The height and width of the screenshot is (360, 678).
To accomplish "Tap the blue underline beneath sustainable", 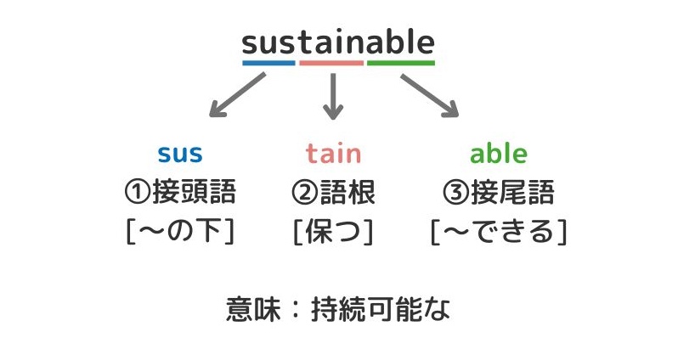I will coord(268,63).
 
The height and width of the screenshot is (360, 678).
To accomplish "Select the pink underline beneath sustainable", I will coord(331,63).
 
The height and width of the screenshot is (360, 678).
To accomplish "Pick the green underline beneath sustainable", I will coord(401,63).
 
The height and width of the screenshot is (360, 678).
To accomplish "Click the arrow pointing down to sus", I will coord(237,94).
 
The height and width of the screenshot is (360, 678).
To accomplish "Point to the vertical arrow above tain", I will coord(333,94).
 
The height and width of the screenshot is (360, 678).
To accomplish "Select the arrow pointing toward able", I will coord(429,94).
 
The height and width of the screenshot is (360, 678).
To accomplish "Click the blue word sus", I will coord(180,154).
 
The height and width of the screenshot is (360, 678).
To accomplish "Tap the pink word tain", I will coord(333,154).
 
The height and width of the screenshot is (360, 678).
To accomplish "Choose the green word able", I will coord(499,154).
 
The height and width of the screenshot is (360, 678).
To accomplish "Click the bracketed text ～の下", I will coord(180,231).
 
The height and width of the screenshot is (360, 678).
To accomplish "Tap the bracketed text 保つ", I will coord(333,231).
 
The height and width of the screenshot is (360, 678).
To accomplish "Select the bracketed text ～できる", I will coord(499,231).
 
